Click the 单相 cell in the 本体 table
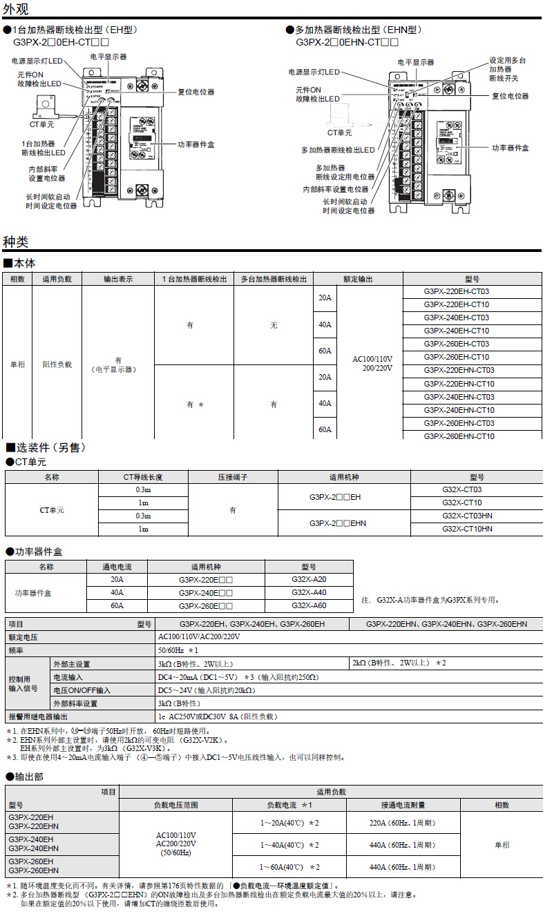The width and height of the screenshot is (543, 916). pos(17,364)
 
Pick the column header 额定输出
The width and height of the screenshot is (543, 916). pos(358,279)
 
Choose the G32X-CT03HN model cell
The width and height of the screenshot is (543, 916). pos(467,516)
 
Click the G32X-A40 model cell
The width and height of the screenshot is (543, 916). pos(309,592)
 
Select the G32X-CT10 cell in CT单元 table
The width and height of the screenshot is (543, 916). pos(462,503)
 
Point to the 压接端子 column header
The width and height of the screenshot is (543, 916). pos(233,477)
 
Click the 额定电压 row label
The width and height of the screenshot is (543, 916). pos(23,637)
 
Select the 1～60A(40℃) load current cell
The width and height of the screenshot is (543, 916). pos(289,867)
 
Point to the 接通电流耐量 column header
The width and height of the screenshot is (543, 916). pos(402,805)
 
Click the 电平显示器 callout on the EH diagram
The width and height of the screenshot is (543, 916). pos(108,57)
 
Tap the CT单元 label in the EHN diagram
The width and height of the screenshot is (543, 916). pos(339,133)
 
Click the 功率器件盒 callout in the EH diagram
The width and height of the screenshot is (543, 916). pos(196,144)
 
